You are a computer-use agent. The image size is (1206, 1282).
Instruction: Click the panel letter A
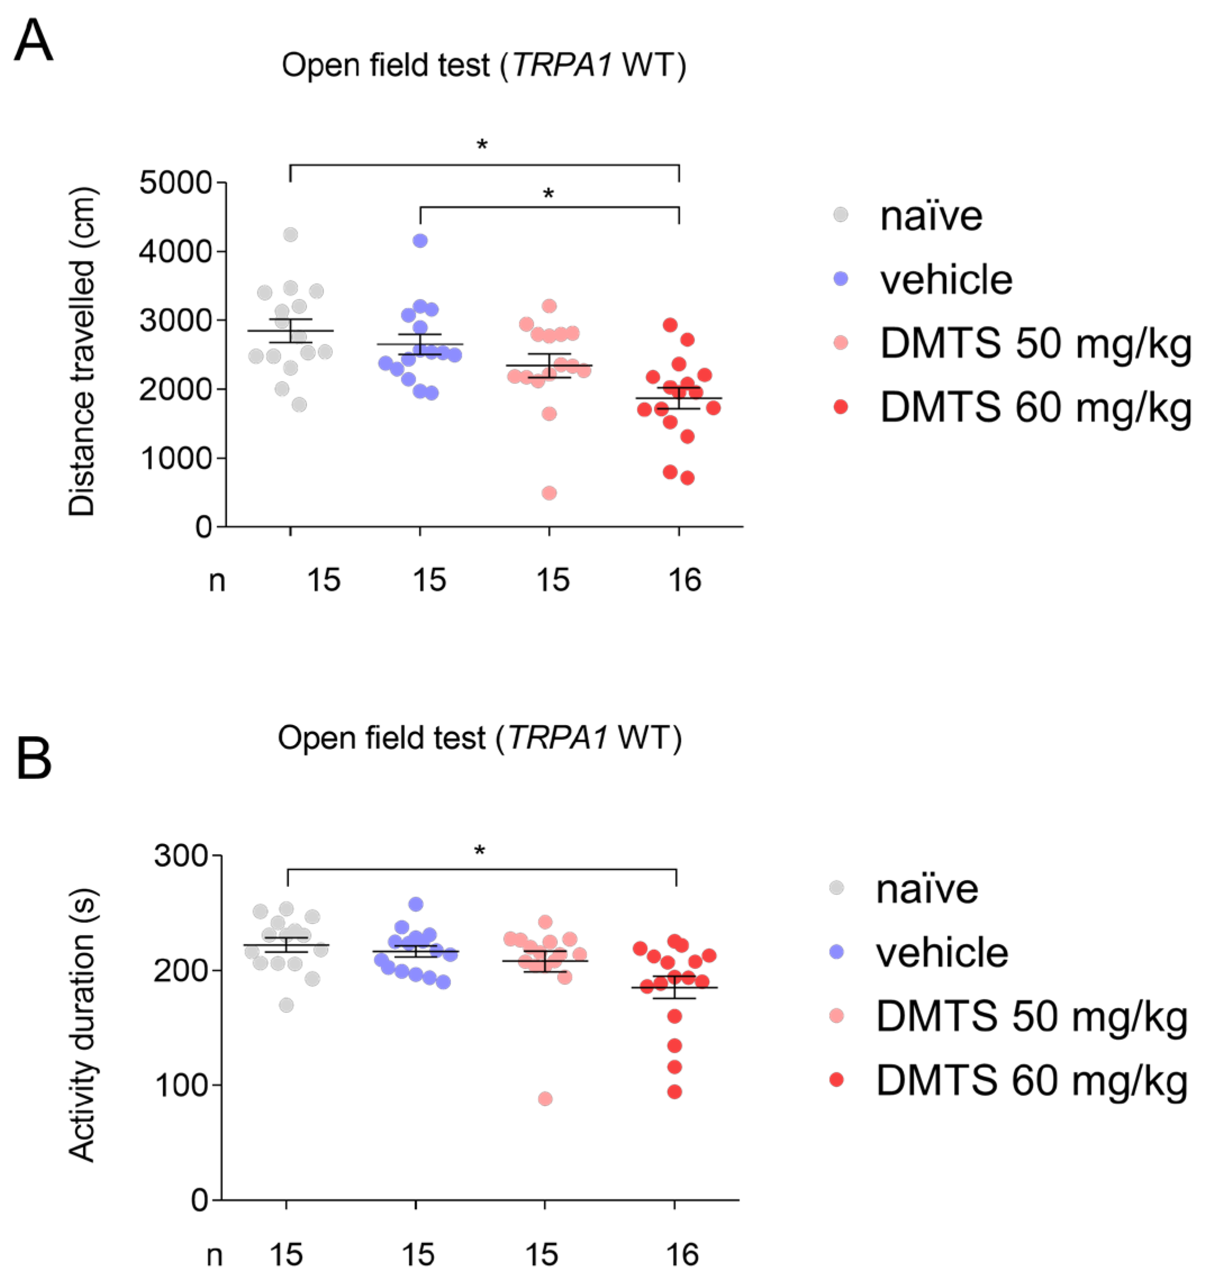[34, 40]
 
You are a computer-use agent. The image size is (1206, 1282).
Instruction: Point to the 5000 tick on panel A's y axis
[175, 183]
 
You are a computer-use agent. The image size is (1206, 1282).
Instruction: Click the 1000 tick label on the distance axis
[175, 459]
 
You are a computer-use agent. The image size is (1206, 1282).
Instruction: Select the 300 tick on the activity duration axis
[180, 856]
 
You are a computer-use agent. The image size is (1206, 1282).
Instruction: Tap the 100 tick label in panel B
[180, 1085]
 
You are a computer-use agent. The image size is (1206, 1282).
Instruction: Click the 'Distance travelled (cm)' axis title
[82, 351]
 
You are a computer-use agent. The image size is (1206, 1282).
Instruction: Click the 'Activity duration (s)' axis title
[82, 1025]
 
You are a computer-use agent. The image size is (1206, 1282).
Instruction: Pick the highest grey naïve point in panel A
[290, 235]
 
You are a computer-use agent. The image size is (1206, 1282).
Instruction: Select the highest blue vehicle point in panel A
[420, 241]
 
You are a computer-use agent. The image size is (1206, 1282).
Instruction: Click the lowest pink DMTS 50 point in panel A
[549, 493]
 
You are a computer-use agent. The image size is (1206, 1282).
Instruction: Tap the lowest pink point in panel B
[545, 1099]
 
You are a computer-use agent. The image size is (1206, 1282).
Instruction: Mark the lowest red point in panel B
[674, 1093]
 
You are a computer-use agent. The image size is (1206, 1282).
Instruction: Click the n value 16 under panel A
[685, 581]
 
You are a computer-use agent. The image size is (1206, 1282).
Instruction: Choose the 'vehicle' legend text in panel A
[946, 280]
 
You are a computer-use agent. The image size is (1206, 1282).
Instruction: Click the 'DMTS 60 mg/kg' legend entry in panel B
[1031, 1080]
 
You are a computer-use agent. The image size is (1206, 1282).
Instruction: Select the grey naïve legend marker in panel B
[836, 888]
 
